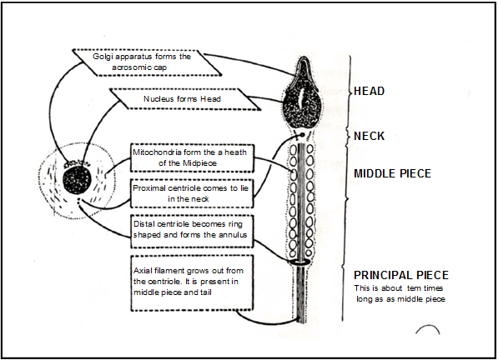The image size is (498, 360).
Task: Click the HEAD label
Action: click(370, 90)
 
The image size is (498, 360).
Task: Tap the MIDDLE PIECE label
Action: click(391, 173)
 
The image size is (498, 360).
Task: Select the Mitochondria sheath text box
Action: click(191, 157)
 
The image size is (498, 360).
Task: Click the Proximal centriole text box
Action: click(191, 194)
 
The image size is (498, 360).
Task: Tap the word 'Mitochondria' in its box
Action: click(160, 152)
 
